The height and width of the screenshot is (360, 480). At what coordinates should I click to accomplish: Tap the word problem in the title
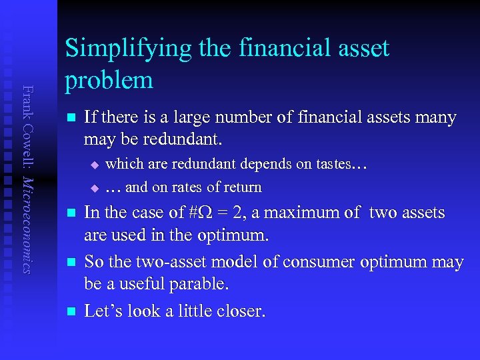point(109,80)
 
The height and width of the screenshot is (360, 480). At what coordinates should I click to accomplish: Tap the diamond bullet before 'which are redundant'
point(94,164)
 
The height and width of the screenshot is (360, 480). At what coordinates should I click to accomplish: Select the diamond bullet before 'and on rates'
point(94,188)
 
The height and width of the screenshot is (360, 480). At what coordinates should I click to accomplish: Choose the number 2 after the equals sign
point(243,213)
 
